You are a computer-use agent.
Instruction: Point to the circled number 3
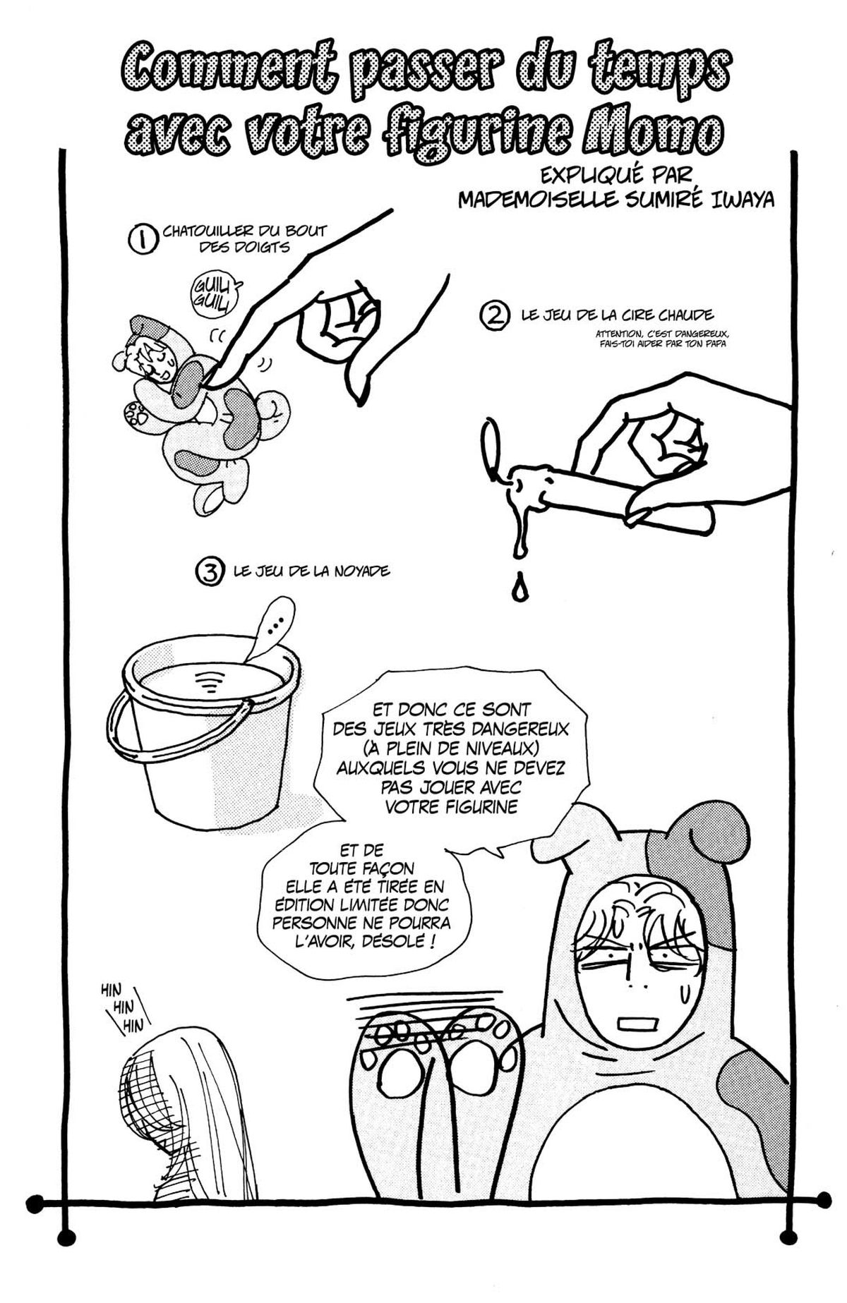[208, 571]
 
